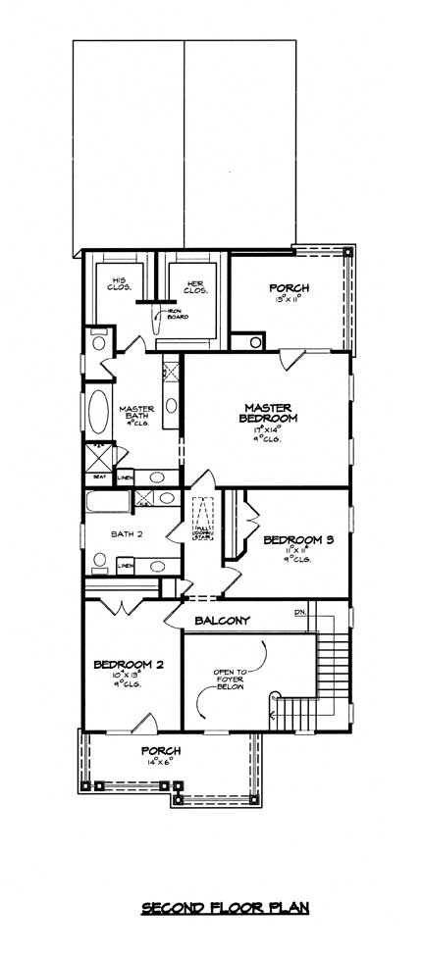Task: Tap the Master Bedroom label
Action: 271,412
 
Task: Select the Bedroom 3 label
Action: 292,540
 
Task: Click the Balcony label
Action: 222,621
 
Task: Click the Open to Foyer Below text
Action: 235,680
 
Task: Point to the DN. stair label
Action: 300,614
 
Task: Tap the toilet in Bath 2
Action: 99,562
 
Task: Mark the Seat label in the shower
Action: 98,477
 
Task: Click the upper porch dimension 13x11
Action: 290,300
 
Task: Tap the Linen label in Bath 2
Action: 126,566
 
